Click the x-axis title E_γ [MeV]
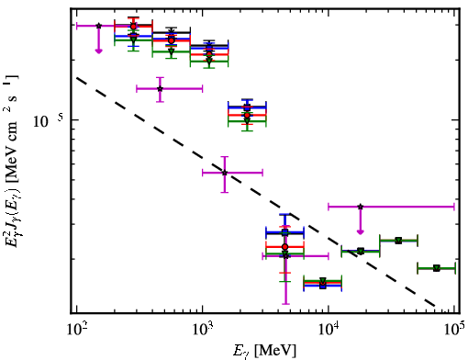(264, 351)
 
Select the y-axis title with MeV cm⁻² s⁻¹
(12, 163)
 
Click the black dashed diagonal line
(255, 192)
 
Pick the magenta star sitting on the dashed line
(225, 173)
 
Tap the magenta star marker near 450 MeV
(160, 89)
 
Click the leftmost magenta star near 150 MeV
(98, 26)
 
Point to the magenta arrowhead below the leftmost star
(98, 51)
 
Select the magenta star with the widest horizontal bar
(361, 207)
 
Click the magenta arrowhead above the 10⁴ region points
(361, 232)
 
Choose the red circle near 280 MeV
(133, 27)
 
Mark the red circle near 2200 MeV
(247, 116)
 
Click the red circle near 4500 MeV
(285, 247)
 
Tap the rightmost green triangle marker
(437, 268)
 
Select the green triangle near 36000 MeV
(398, 241)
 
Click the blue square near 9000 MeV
(323, 286)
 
